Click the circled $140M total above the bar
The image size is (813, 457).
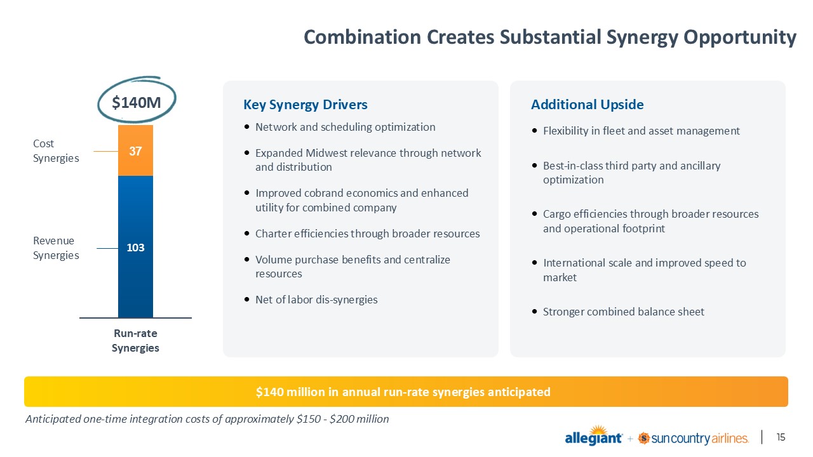pyautogui.click(x=136, y=102)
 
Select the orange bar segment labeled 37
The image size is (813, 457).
pyautogui.click(x=135, y=150)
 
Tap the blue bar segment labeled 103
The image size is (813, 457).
pyautogui.click(x=135, y=247)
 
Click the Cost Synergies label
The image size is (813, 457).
pyautogui.click(x=56, y=151)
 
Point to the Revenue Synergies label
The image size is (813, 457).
pyautogui.click(x=56, y=248)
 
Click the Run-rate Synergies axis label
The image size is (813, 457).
pyautogui.click(x=135, y=341)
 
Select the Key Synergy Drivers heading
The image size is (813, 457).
pyautogui.click(x=306, y=105)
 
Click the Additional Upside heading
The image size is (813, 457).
pyautogui.click(x=588, y=105)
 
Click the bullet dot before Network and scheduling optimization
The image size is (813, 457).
pyautogui.click(x=247, y=127)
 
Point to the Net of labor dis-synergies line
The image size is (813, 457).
pyautogui.click(x=316, y=300)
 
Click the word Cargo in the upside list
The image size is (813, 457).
pyautogui.click(x=555, y=215)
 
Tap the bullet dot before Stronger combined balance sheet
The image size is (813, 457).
pyautogui.click(x=534, y=312)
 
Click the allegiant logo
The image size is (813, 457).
pyautogui.click(x=593, y=435)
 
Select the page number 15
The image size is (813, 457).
pyautogui.click(x=781, y=437)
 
